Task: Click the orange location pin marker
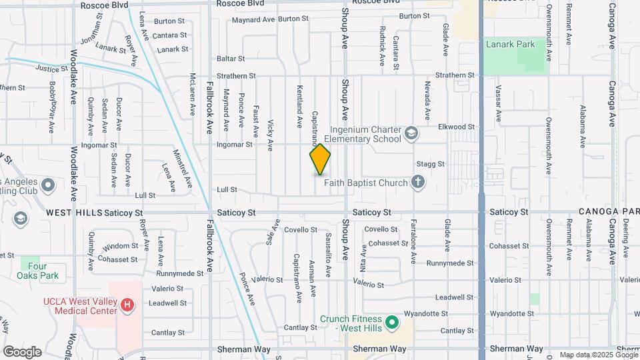tap(320, 159)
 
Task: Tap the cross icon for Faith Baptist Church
tap(418, 181)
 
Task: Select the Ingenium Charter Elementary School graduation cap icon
tap(411, 133)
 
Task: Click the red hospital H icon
tap(127, 306)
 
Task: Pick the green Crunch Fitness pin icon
tap(393, 323)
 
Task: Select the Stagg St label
tap(449, 163)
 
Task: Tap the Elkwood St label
tap(456, 126)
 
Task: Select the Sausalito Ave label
tap(328, 255)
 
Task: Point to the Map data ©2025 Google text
tap(599, 355)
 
